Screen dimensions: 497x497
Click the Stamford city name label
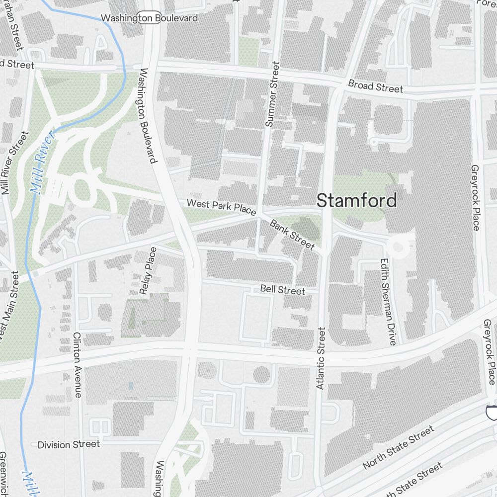pos(357,201)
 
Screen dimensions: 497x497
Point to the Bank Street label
pos(292,234)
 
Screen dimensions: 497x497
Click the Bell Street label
pos(282,290)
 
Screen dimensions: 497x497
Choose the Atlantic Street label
pos(321,358)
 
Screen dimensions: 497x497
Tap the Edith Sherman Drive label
pos(388,302)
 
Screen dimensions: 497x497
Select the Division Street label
pos(69,444)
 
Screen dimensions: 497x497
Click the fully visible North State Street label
pos(398,448)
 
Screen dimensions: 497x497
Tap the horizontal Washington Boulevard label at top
pos(149,18)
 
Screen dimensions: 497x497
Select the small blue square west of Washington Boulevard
pos(131,385)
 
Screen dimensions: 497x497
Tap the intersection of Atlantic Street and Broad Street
pos(339,89)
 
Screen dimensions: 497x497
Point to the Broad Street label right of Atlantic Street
pos(375,86)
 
